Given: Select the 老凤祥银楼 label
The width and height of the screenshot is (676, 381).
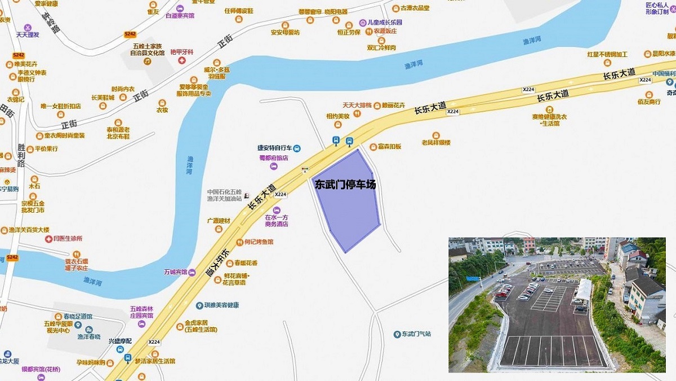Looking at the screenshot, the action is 436,142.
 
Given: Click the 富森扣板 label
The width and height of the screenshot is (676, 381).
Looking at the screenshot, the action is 389,147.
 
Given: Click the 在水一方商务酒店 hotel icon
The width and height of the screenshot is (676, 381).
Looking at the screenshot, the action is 276,210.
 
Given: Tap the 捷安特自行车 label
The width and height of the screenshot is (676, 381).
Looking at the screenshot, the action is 275,148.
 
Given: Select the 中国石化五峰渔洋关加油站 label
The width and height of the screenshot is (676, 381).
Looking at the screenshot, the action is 224,195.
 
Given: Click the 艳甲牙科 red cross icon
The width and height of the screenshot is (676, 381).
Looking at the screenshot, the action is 182,60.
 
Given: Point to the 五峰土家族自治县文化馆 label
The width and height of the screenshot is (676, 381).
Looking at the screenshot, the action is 148,49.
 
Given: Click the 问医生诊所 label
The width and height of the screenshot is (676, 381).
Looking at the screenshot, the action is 68,239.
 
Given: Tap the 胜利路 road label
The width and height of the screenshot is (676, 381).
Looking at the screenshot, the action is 21,156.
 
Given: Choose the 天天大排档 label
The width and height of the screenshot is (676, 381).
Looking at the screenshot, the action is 357,105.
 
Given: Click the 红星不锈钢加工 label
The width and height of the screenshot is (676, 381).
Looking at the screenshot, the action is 607,55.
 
